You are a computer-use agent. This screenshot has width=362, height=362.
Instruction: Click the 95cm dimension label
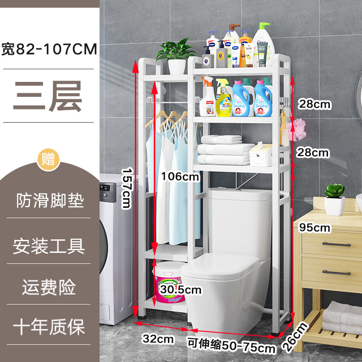click(x=315, y=228)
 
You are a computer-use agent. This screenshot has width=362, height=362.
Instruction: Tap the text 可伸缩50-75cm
click(x=232, y=346)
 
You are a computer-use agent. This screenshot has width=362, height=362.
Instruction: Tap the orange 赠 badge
click(x=48, y=159)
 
